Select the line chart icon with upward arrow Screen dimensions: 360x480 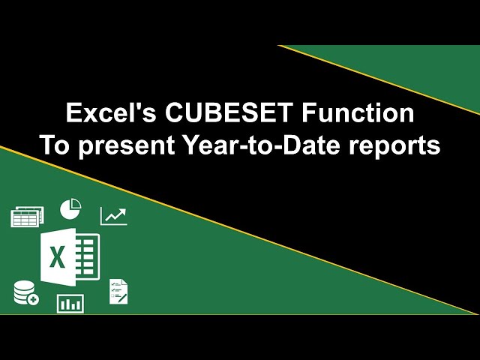coord(113,216)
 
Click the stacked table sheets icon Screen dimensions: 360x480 coord(27,216)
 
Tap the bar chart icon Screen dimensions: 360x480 coord(70,304)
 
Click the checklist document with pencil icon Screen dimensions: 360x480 coord(118,291)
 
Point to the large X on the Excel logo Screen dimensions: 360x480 coord(57,257)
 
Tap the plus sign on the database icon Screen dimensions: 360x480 coord(33,299)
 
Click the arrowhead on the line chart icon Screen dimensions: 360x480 coord(123,211)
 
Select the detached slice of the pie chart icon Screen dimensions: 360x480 coord(75,204)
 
